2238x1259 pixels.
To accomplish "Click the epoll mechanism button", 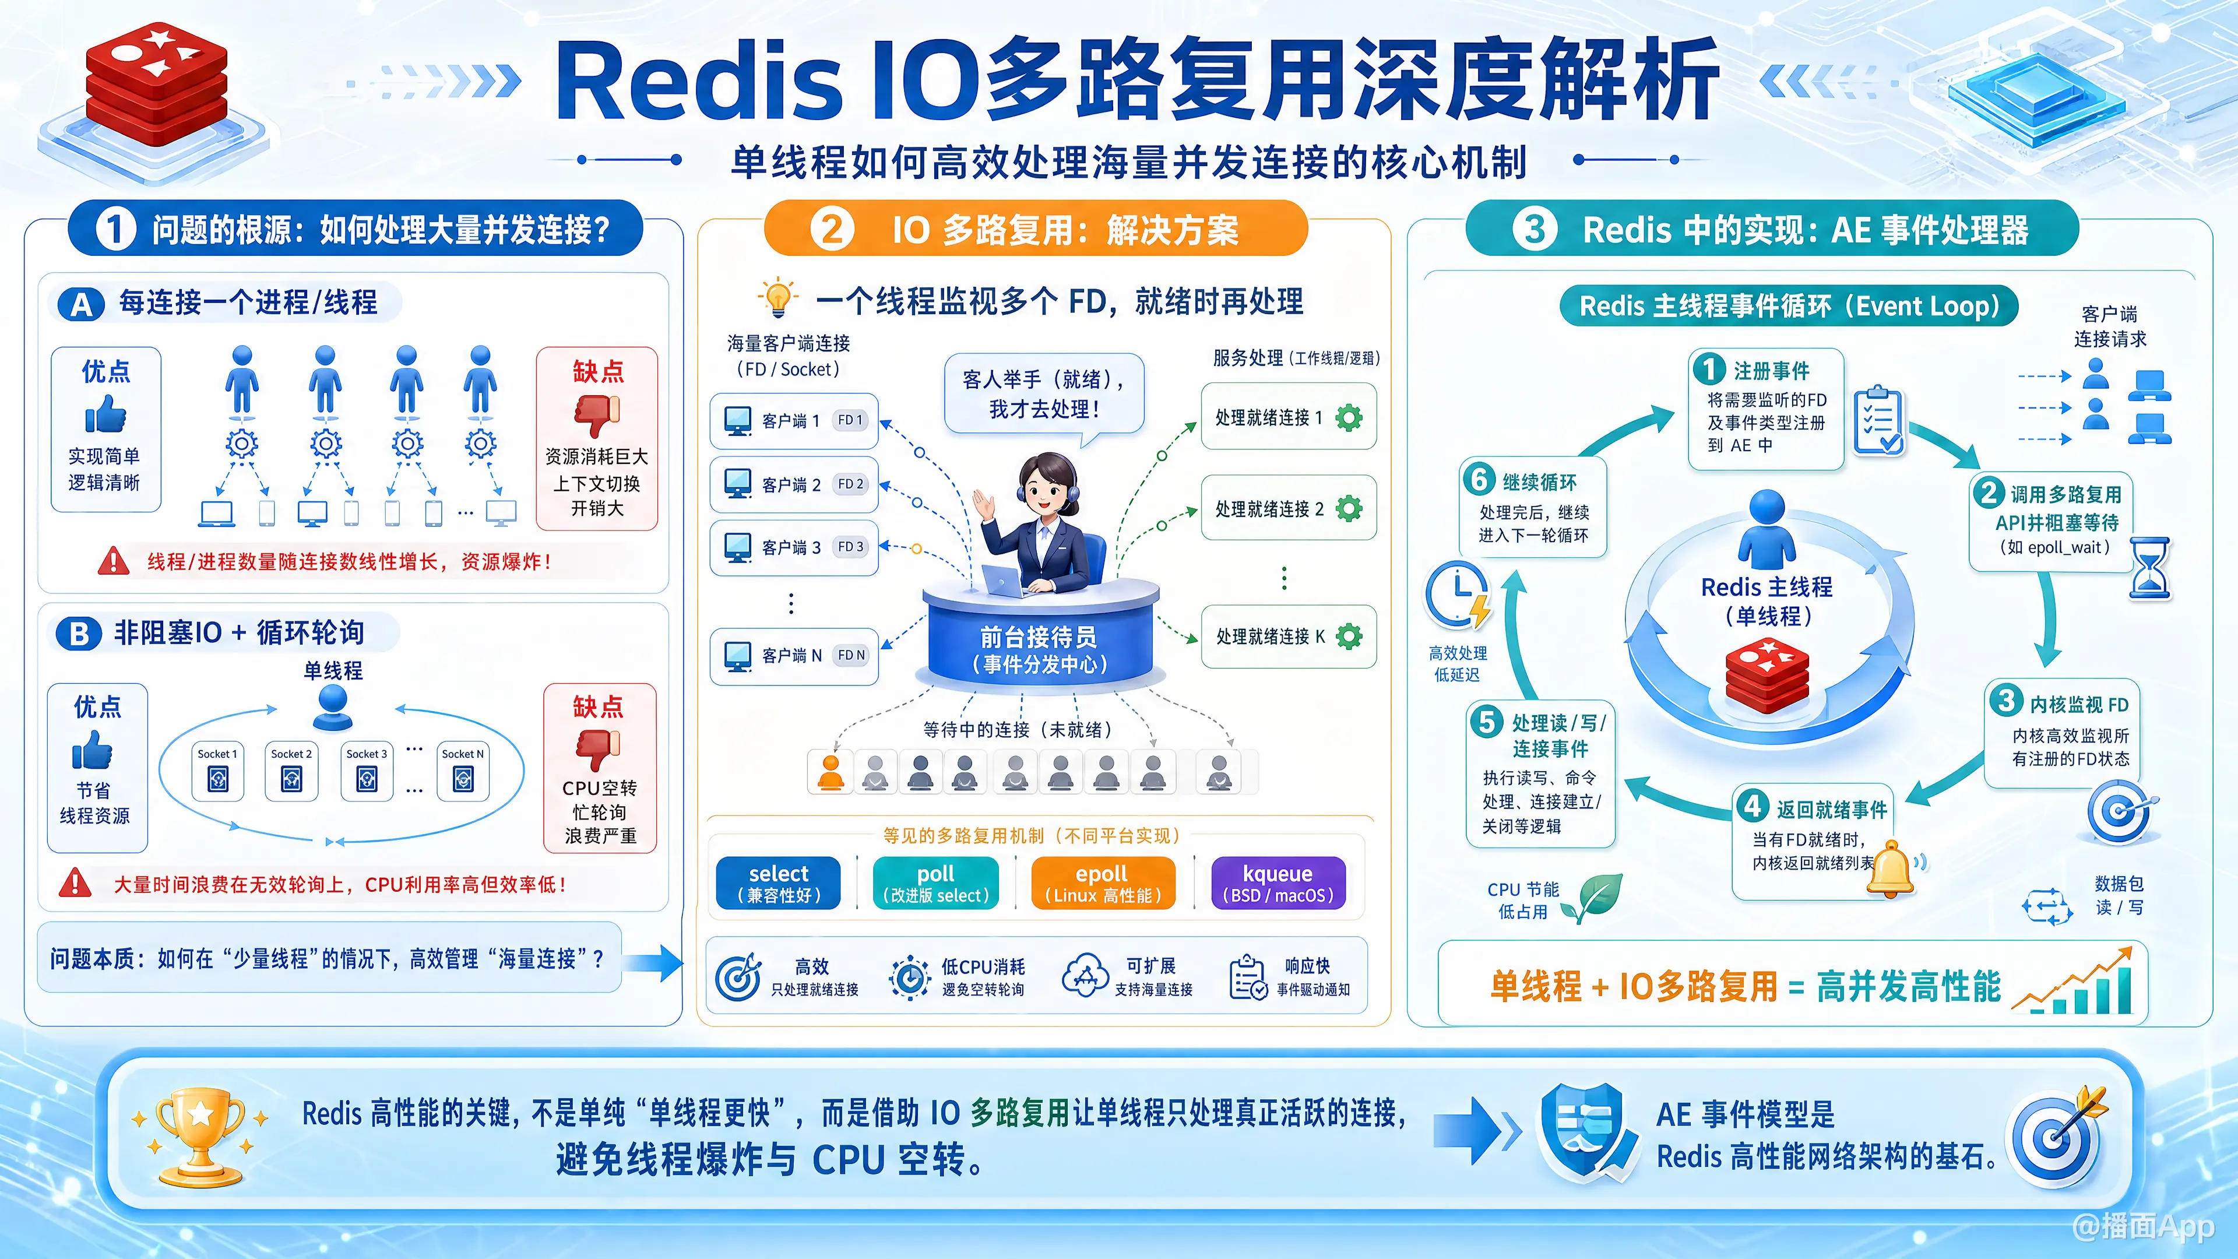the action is coord(1103,883).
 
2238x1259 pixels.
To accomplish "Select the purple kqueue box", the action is coord(1278,883).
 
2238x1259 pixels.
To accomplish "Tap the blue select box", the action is coord(779,883).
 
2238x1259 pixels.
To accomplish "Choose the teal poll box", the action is coord(935,883).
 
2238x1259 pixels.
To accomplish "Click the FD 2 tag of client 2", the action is coord(850,484).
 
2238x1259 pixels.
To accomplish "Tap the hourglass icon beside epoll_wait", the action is coord(2149,568).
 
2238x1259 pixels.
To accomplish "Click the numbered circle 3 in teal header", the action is coord(1535,230).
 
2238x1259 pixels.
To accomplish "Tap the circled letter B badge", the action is coord(79,634).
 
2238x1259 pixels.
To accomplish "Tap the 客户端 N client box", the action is coord(794,655).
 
